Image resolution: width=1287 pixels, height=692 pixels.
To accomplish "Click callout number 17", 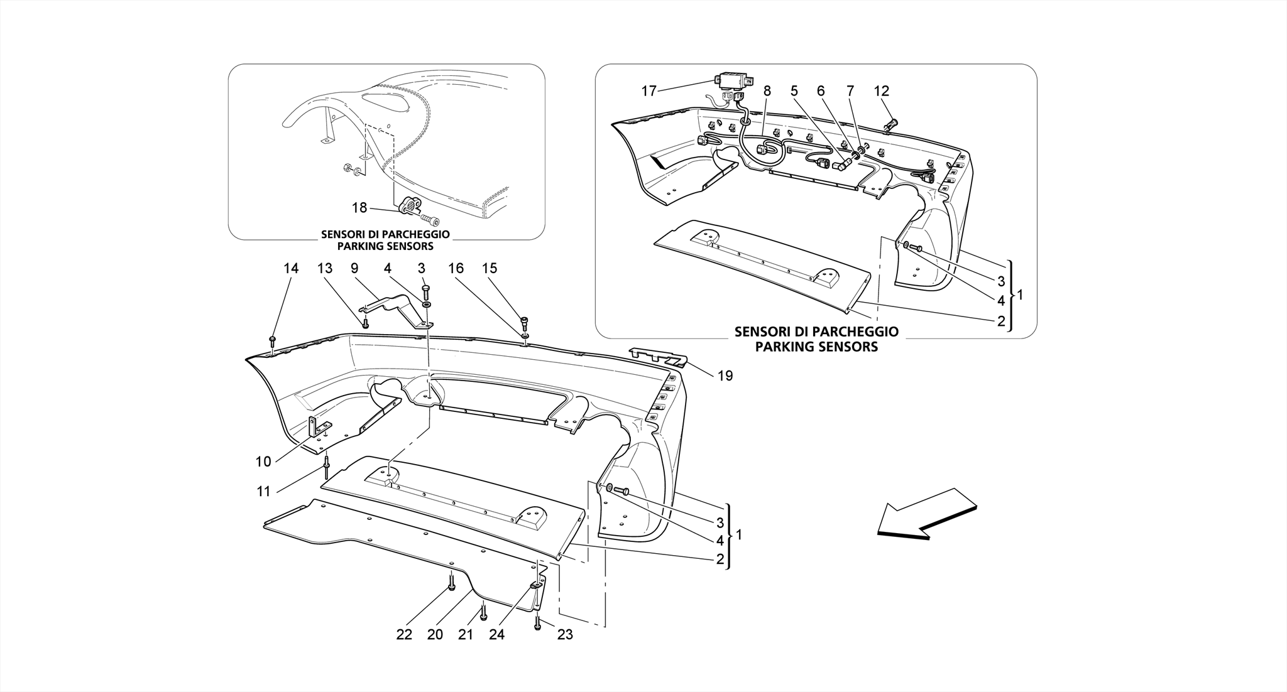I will (649, 92).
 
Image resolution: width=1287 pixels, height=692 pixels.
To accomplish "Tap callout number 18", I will (359, 208).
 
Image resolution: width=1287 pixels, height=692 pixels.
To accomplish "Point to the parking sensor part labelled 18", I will (408, 205).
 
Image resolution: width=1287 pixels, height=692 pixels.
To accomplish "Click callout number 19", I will (725, 376).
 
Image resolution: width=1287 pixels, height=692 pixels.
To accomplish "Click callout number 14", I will (291, 269).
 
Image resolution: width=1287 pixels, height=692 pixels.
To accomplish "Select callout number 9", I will (354, 269).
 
